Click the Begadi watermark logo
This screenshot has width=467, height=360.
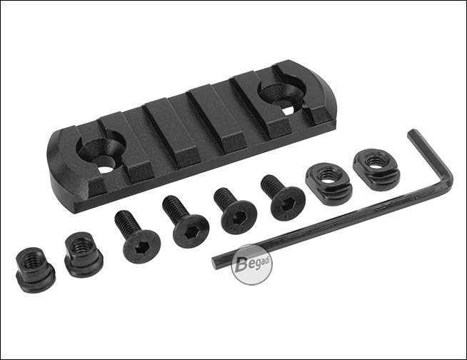pos(251,265)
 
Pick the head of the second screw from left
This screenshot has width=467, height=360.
pos(191,231)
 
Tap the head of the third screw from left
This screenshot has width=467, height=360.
pos(240,218)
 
